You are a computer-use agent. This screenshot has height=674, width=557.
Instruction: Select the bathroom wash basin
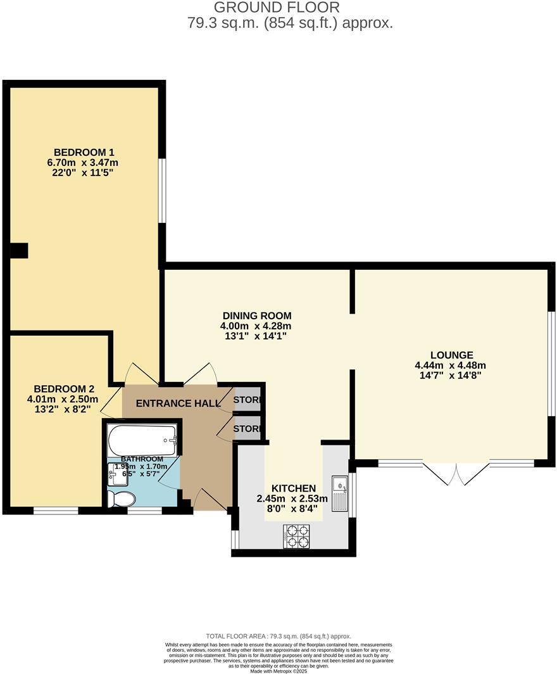(117, 473)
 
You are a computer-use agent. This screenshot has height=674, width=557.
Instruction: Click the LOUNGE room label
(451, 355)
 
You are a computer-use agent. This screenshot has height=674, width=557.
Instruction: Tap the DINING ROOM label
(256, 315)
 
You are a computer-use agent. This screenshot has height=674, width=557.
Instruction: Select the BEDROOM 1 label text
(84, 152)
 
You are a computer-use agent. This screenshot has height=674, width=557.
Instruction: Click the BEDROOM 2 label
(64, 388)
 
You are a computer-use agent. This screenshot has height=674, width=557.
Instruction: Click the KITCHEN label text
(293, 488)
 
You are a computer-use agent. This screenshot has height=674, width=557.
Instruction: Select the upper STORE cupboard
(247, 400)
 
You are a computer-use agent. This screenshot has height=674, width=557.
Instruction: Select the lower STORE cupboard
(247, 428)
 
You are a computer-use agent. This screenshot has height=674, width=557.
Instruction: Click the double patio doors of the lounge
(456, 472)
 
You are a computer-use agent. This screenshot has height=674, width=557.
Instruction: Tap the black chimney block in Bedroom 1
(19, 251)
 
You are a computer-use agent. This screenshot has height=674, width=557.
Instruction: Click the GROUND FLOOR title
(277, 8)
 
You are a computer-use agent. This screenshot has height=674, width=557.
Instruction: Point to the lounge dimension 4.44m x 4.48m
(450, 365)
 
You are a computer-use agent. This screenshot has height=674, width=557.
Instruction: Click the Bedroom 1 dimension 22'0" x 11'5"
(84, 173)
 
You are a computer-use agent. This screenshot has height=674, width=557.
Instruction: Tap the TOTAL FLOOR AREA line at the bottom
(278, 636)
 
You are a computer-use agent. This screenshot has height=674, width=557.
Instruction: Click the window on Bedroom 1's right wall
(162, 190)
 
